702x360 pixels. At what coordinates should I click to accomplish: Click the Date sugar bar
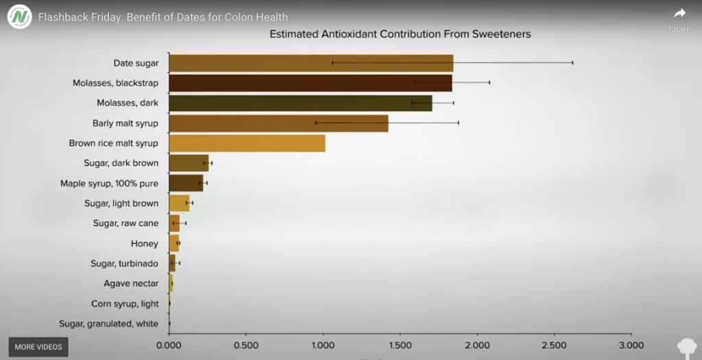coord(311,63)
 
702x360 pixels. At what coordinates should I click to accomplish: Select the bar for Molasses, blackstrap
coord(310,83)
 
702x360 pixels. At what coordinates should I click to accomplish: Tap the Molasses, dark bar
coord(300,103)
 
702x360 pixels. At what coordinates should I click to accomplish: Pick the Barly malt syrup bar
coord(278,123)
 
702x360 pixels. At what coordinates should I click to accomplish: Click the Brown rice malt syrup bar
coord(247,143)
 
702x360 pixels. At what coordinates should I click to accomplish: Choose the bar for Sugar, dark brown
coord(188,163)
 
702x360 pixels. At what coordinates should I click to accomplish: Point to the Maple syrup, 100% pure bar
coord(186,183)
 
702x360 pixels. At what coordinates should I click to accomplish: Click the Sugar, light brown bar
coord(179,203)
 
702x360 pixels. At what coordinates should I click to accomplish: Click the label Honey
coord(145,243)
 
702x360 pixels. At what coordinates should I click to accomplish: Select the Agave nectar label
coord(131,283)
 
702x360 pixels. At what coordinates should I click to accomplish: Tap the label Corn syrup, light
coord(125,304)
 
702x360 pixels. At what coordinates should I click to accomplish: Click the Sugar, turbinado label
coord(124,263)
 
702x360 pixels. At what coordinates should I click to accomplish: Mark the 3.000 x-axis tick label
coord(631,345)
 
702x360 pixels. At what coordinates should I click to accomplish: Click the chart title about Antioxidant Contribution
coord(400,34)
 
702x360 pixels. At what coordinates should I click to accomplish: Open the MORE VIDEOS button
coord(38,347)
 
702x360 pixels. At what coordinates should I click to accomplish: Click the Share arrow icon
coord(679,13)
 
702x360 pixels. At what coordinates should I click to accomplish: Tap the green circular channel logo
coord(20,16)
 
